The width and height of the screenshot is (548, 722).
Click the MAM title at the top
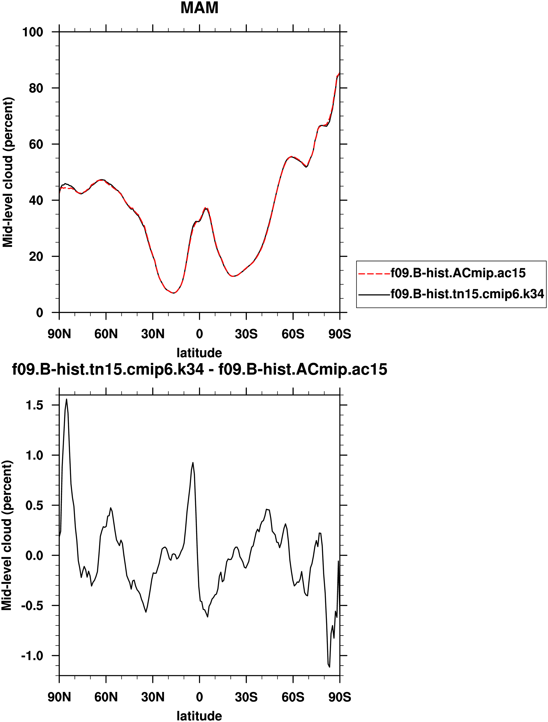coord(199,8)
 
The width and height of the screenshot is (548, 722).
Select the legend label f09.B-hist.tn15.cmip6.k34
coord(467,294)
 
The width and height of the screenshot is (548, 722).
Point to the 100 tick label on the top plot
coord(33,32)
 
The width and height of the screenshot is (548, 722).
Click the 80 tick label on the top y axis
coord(36,88)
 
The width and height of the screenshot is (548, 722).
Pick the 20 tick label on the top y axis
coord(36,257)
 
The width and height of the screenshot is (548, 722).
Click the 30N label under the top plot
coord(153,334)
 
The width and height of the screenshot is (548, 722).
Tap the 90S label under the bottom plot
coord(340,697)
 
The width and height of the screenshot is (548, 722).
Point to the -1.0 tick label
coord(32,656)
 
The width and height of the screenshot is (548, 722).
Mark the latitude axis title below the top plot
coord(199,353)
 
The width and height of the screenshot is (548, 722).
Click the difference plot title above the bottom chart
coord(199,369)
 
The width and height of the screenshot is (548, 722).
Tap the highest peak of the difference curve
coord(67,399)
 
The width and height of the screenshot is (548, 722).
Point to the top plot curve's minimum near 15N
coord(174,293)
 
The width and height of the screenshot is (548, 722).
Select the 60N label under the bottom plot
coord(106,697)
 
